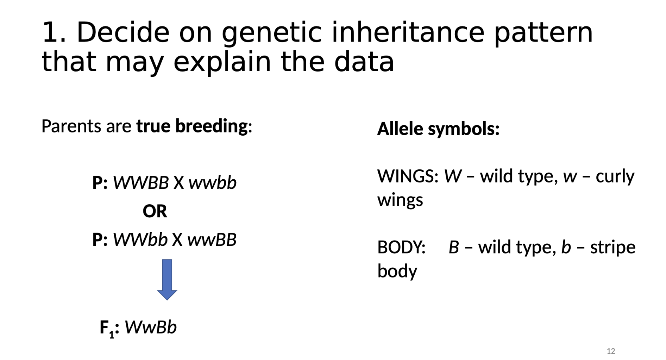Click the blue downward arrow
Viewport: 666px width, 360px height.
pos(167,279)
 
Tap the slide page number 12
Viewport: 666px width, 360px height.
pos(611,351)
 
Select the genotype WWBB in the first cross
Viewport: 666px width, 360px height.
pos(141,182)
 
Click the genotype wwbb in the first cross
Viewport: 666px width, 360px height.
pos(213,183)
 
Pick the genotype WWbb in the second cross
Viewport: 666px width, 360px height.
pos(140,240)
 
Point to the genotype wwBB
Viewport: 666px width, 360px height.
pos(212,240)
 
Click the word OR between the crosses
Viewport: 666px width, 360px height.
pos(155,211)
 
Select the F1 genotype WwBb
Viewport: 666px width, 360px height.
pos(151,327)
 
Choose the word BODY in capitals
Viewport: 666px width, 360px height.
pos(401,247)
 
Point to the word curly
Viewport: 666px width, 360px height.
pos(615,176)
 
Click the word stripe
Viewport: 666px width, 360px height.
pos(613,247)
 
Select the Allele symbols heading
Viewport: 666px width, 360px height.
pos(438,129)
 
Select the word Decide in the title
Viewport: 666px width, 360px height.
pos(123,32)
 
